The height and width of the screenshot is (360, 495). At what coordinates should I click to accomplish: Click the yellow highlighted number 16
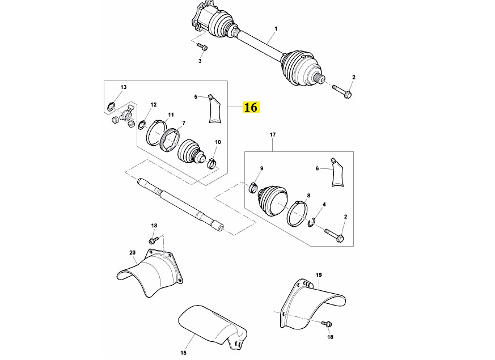tap(251, 107)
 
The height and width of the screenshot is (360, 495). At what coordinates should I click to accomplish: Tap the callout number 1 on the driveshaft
tap(276, 29)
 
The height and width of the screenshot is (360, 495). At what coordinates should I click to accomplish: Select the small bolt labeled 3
tap(202, 46)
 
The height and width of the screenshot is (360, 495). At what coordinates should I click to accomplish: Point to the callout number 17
tap(273, 135)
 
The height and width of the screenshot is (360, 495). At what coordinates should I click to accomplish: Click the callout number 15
tap(183, 353)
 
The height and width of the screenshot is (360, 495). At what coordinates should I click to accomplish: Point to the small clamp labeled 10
tap(212, 163)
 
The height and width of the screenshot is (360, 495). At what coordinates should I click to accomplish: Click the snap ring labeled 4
tap(311, 222)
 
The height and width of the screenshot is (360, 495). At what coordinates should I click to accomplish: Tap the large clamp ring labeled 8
tap(297, 213)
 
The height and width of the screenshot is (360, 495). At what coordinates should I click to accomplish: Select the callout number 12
tap(154, 105)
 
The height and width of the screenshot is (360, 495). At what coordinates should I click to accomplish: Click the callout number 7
tap(184, 123)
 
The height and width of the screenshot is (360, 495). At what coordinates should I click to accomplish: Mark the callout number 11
tap(171, 115)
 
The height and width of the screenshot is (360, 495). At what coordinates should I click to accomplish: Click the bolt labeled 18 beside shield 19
tap(327, 323)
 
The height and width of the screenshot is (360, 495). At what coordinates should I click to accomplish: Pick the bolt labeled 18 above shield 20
tap(153, 240)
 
